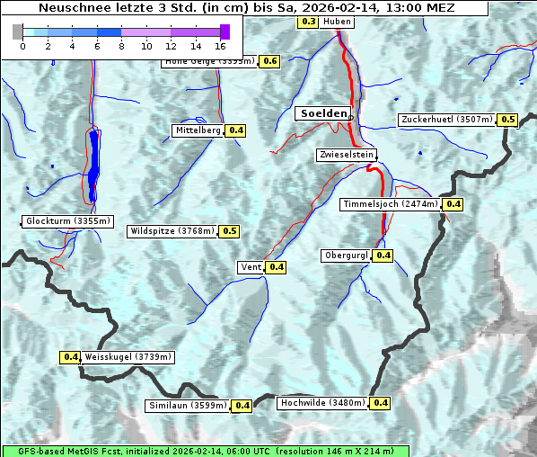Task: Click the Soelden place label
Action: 321,113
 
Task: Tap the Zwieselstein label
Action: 346,155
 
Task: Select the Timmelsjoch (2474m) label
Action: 391,204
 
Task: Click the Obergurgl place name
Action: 345,255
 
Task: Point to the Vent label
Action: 251,267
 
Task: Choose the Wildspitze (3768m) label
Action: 172,231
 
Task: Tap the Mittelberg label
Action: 198,130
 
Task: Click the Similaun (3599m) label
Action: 188,406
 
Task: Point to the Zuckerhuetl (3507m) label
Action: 446,120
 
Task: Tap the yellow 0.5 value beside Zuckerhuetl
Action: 507,120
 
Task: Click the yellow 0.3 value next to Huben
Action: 308,21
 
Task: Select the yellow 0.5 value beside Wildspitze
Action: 229,231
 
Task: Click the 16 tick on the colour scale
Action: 221,45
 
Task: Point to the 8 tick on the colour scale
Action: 121,45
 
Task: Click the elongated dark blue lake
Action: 93,166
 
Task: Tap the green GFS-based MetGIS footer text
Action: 205,451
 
